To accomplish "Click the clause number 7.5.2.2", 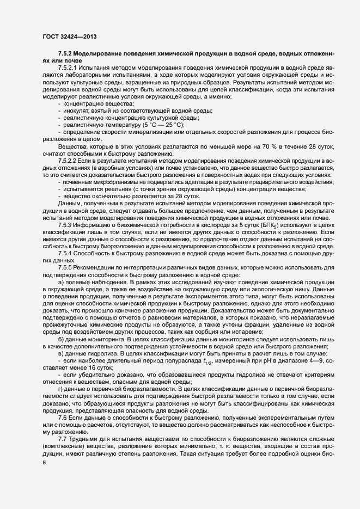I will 69,162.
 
